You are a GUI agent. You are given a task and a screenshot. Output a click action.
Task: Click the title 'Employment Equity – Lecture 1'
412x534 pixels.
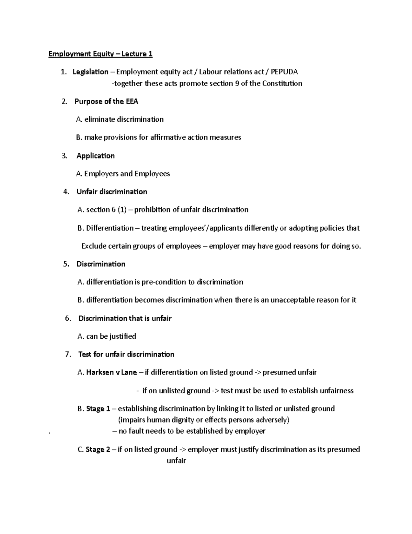tap(100, 54)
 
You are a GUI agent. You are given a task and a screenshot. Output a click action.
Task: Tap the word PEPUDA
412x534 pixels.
tap(284, 72)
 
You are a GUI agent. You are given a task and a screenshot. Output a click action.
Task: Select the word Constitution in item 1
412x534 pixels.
tap(282, 84)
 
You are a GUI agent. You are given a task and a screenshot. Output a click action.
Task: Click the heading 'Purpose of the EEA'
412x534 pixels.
tap(106, 101)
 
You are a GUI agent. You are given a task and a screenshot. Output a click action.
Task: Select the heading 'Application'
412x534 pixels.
tap(95, 156)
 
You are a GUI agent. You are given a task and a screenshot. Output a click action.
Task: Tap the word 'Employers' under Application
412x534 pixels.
tap(101, 174)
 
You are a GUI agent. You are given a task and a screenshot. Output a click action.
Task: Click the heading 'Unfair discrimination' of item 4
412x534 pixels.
tap(112, 192)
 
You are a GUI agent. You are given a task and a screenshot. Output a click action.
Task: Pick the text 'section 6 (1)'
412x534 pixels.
tap(106, 210)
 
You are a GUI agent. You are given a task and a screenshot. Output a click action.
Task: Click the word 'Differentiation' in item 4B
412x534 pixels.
tap(110, 228)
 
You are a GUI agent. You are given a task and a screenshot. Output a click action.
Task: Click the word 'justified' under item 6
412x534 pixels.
tap(123, 336)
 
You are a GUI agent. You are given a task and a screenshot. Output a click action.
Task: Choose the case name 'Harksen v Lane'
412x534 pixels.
tap(112, 372)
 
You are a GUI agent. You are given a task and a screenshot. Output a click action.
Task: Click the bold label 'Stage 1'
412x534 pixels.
tap(98, 409)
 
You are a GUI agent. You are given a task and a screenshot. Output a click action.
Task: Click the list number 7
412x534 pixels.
tap(68, 355)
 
